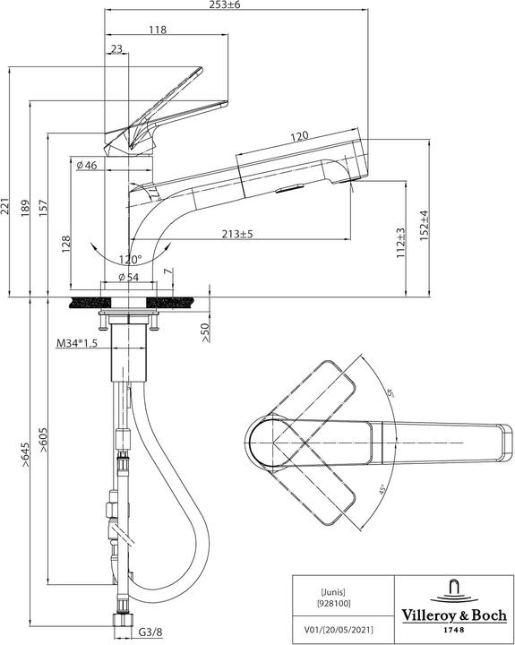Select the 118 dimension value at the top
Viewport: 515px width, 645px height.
(x=158, y=29)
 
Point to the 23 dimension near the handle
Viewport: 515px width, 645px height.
(x=116, y=49)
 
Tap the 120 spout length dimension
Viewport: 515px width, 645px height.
(x=299, y=136)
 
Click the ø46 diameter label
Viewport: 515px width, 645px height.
(x=87, y=166)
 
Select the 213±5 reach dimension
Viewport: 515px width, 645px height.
(x=238, y=234)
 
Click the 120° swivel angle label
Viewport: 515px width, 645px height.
(x=129, y=260)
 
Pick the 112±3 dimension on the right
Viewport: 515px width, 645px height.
(x=402, y=242)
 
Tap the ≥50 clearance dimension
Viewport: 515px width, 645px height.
(x=205, y=332)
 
